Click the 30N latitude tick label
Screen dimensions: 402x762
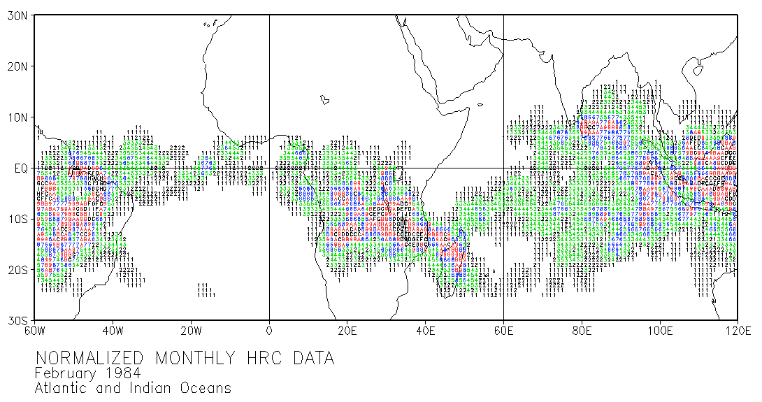click(17, 16)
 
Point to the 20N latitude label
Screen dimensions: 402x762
click(17, 66)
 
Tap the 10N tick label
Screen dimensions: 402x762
click(17, 117)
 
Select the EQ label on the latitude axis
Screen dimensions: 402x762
click(20, 168)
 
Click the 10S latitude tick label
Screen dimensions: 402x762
click(17, 219)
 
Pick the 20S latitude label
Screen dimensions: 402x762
click(17, 270)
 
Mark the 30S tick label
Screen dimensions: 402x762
click(17, 320)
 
